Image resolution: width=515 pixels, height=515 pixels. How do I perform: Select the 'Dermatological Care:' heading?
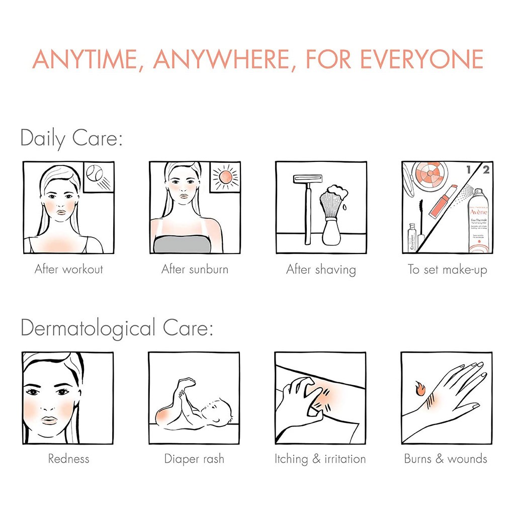coord(117,329)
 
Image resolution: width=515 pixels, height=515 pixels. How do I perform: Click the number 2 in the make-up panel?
coord(485,169)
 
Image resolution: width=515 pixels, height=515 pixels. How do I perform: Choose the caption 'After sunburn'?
coord(195,269)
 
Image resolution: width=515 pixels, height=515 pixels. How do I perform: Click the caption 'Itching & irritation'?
coord(320,459)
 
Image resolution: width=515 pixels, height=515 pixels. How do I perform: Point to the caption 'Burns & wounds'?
coord(446,459)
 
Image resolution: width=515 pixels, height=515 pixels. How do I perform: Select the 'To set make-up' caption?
coord(447,270)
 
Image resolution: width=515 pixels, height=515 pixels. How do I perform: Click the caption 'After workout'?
coord(69,269)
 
